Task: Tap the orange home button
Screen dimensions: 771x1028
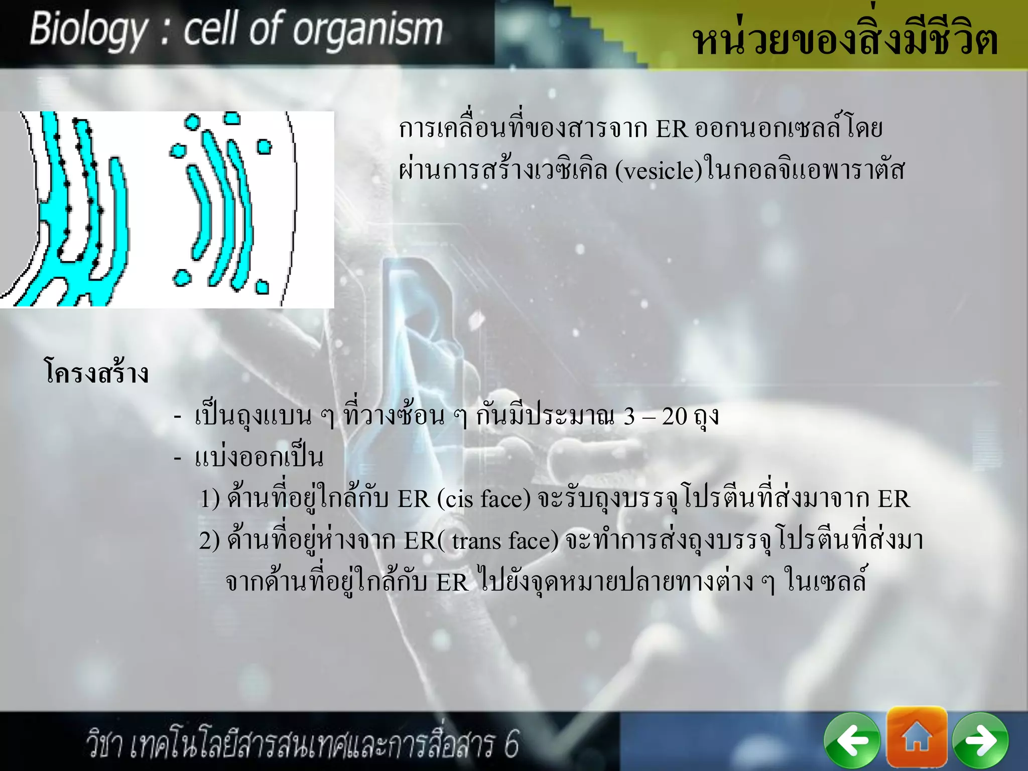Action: coord(917,737)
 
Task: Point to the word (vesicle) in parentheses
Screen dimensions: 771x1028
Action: coord(659,171)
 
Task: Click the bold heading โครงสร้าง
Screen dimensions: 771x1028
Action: coord(97,372)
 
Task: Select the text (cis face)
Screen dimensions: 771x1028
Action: coord(484,499)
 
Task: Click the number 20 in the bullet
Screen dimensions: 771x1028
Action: coord(674,416)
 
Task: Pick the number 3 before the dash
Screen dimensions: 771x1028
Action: coord(629,416)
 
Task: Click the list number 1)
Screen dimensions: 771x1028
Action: coord(210,499)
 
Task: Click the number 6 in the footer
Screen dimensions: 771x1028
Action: coord(511,744)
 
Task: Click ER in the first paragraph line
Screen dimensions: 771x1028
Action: coord(671,129)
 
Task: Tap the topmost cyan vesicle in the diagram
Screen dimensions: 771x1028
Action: coord(231,118)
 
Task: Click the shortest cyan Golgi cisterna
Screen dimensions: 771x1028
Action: coord(200,211)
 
